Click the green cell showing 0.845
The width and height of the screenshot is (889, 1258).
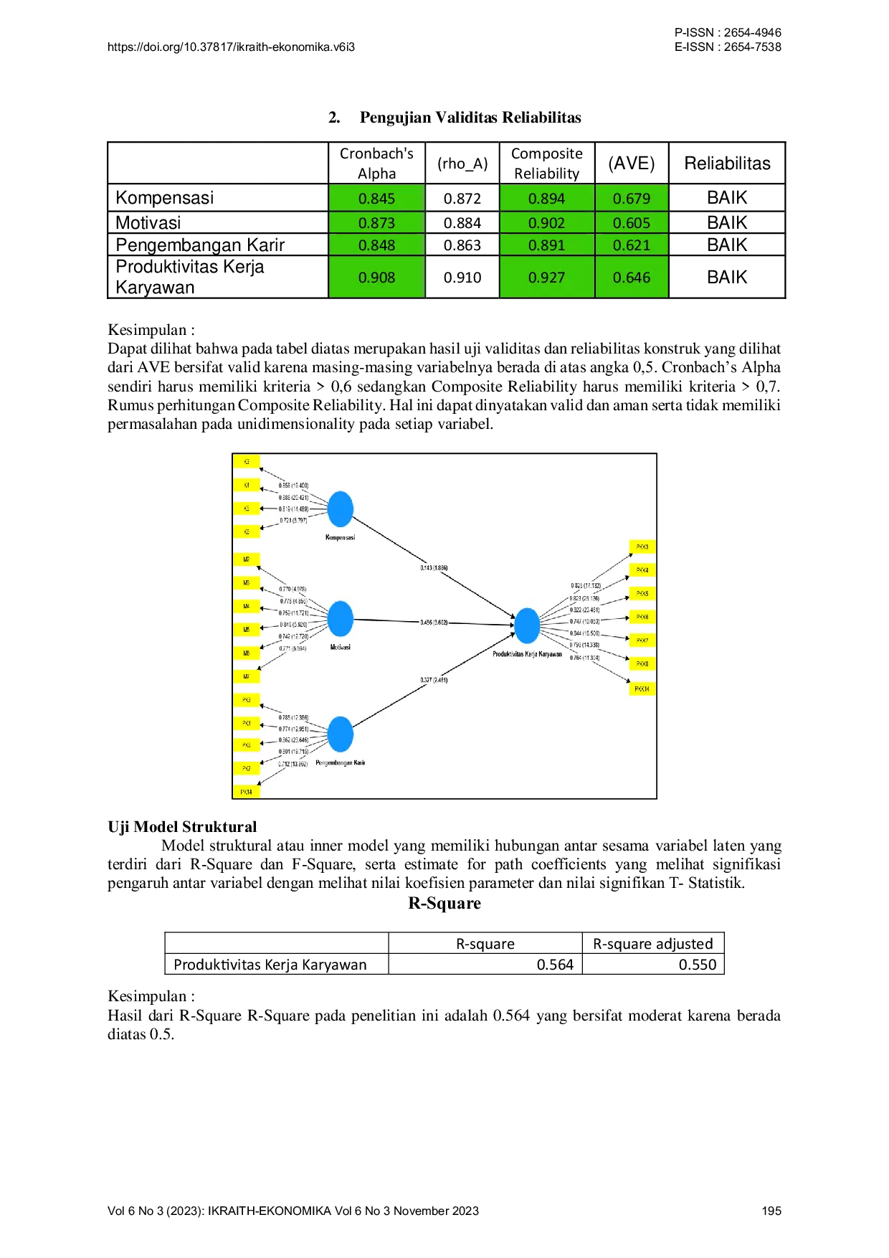(376, 198)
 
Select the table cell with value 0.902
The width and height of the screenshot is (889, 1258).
(546, 222)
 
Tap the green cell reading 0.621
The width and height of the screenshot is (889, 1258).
(631, 245)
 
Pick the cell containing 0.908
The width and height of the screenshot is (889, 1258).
(376, 277)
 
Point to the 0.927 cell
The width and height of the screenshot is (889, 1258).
(546, 277)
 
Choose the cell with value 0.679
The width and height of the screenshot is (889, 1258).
(631, 198)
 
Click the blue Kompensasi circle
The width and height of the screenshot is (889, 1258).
(341, 509)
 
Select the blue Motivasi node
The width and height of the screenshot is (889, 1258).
(341, 618)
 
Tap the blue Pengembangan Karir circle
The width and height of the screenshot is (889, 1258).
(341, 734)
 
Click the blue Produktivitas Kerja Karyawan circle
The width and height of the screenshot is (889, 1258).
(527, 625)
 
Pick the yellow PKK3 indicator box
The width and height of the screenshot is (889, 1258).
(642, 547)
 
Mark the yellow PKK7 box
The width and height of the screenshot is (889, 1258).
(642, 640)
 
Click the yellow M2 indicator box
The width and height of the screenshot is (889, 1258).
(247, 559)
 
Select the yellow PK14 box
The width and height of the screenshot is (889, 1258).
(247, 792)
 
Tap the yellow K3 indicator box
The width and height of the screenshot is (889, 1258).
(247, 462)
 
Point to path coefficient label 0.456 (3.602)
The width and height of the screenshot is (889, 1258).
(434, 622)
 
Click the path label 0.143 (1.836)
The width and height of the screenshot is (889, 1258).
(434, 568)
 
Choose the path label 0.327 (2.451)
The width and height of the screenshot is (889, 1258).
(434, 680)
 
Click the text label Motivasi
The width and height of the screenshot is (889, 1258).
(341, 647)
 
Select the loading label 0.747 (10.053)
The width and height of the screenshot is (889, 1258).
(584, 621)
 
